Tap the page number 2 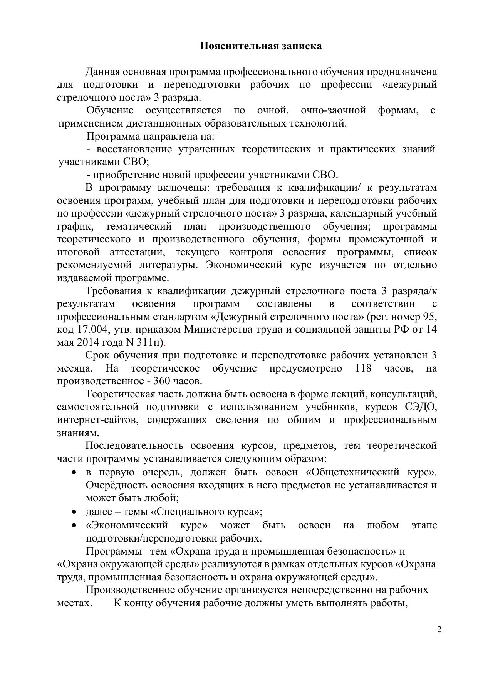click(x=439, y=629)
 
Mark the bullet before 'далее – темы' click(x=74, y=512)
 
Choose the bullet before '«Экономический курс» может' click(x=74, y=525)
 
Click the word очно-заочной click(x=333, y=110)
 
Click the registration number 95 click(x=428, y=317)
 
